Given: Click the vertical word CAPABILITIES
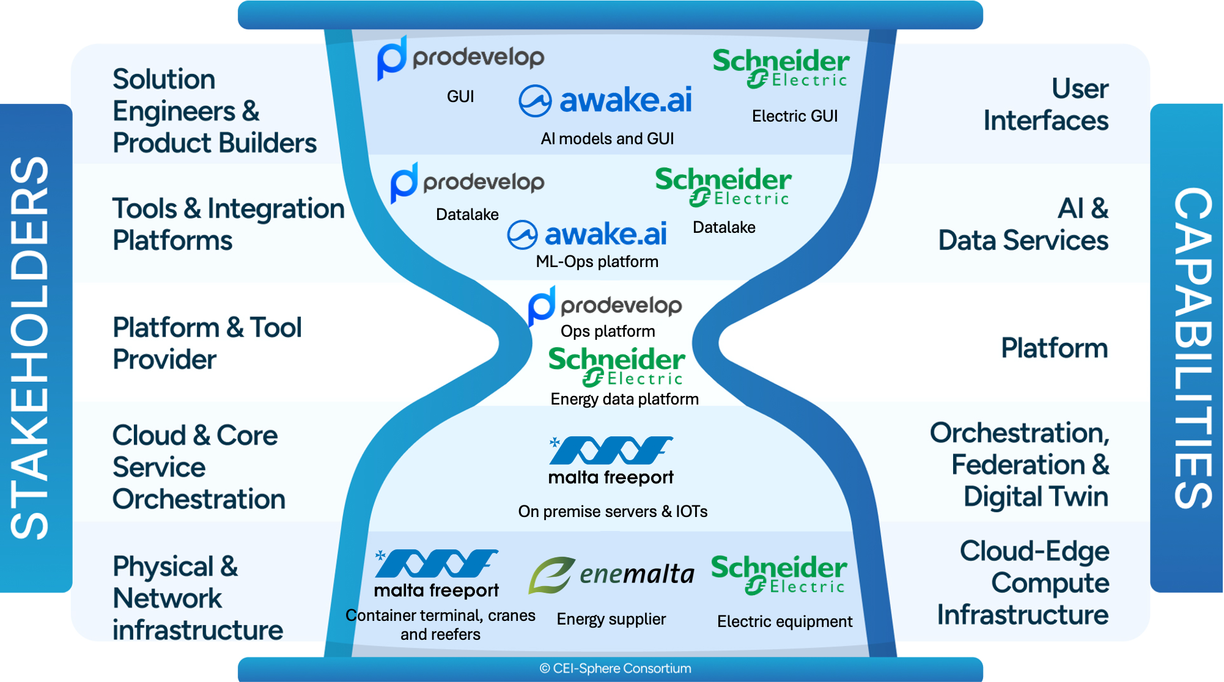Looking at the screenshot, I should (x=1193, y=348).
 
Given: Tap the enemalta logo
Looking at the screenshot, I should (x=611, y=574).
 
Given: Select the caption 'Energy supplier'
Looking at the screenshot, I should (x=611, y=619).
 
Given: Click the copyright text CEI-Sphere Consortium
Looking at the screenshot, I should (x=616, y=669).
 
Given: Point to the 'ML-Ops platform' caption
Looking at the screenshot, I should (x=597, y=262).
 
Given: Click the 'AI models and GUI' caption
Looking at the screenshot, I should (x=607, y=139).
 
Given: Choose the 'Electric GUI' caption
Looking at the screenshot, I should (x=795, y=116).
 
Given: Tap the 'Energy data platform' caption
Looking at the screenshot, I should (x=624, y=399).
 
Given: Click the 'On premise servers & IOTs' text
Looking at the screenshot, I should (x=613, y=512).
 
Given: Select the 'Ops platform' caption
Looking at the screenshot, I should (x=608, y=331).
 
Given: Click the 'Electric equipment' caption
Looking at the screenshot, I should (x=784, y=621).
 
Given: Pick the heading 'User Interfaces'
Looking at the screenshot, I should (x=1046, y=105).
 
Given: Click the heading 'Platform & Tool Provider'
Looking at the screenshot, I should (x=207, y=343).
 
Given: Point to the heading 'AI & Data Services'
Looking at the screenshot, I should (x=1023, y=224).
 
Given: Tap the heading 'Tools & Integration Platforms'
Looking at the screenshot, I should (x=228, y=224).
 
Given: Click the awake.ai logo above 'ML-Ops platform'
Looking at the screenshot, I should (x=588, y=234).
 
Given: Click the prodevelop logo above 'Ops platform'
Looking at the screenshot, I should (x=605, y=305).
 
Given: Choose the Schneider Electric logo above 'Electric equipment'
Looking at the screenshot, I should (x=779, y=574).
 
